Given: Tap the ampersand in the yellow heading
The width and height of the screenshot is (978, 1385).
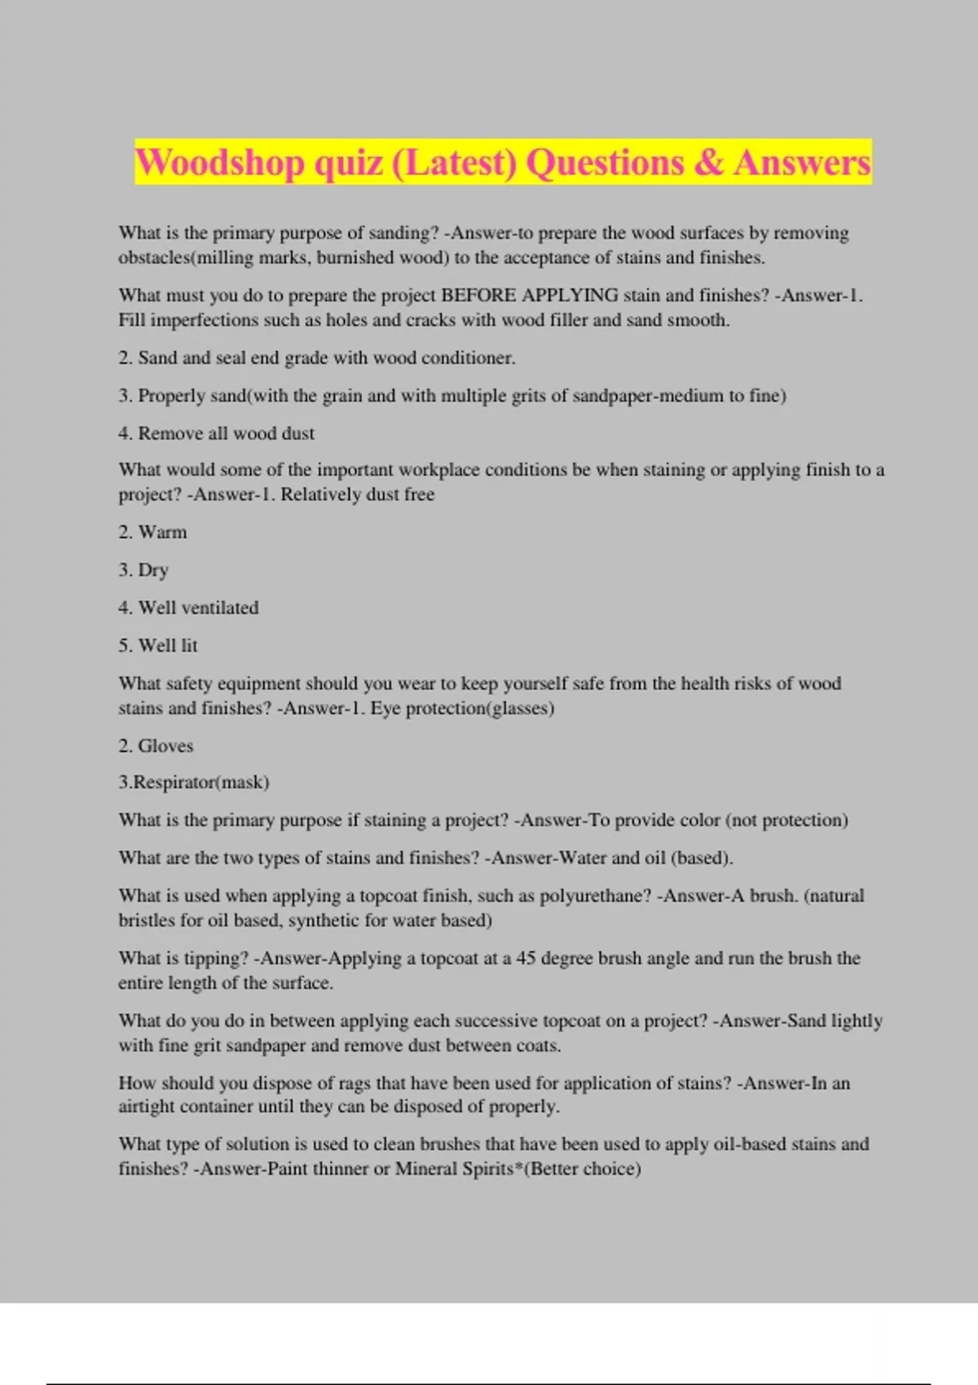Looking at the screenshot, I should click(x=709, y=162).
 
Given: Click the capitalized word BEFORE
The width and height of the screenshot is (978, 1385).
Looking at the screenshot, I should click(x=478, y=295).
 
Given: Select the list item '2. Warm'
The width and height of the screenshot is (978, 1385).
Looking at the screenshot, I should click(x=152, y=532).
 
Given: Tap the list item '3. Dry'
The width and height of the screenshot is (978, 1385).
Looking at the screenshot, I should click(x=143, y=569).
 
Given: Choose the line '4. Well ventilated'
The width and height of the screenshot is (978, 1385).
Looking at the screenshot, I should click(x=188, y=608).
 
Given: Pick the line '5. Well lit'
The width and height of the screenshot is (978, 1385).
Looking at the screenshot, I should click(x=158, y=645).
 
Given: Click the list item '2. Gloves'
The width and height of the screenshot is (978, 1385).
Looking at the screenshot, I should click(x=156, y=745).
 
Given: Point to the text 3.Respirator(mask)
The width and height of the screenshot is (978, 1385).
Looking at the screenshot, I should click(x=194, y=782).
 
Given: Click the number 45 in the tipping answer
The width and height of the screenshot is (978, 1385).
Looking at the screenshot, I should click(x=526, y=958).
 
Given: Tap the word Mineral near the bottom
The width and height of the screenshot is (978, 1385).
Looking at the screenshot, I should click(x=425, y=1168).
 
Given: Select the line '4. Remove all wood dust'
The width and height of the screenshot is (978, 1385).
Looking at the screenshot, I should click(x=216, y=433).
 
